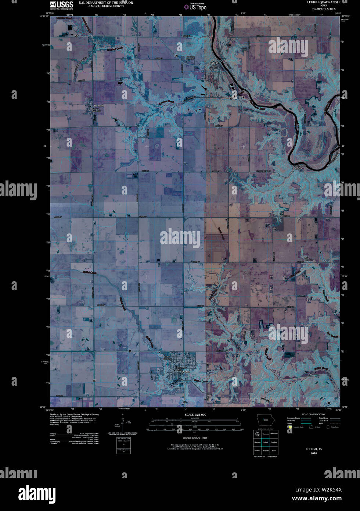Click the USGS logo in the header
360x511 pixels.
pyautogui.click(x=61, y=5)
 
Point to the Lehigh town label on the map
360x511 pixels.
pyautogui.click(x=214, y=63)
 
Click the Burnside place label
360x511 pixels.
pyautogui.click(x=99, y=106)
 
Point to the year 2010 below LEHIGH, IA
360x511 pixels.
pyautogui.click(x=313, y=453)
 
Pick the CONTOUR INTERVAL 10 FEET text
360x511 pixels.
pyautogui.click(x=195, y=438)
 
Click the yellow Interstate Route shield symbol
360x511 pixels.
pyautogui.click(x=290, y=427)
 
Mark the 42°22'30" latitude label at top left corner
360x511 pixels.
pyautogui.click(x=44, y=16)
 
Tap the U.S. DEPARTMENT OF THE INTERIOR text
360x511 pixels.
pyautogui.click(x=106, y=3)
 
